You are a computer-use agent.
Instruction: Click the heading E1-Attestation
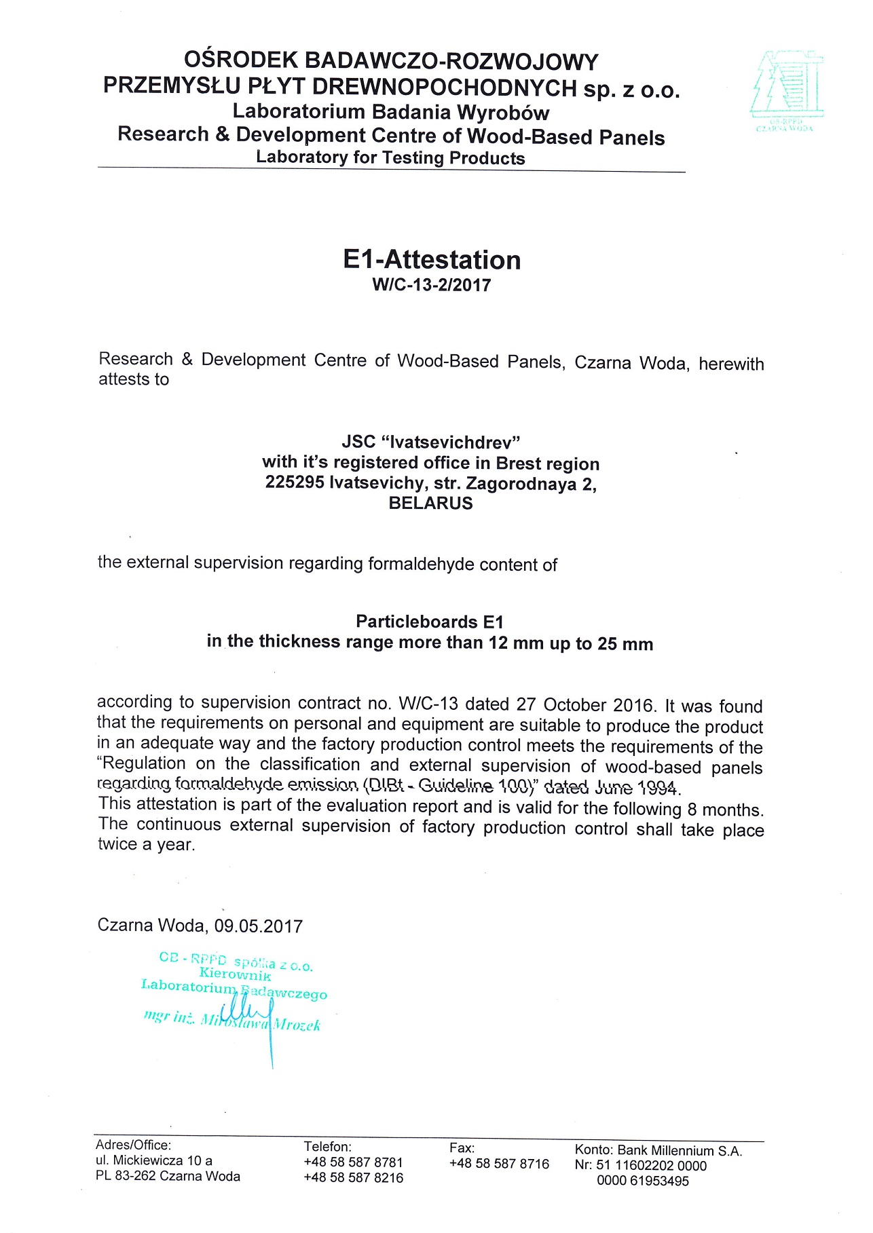click(x=432, y=260)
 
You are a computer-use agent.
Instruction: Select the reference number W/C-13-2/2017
click(x=432, y=285)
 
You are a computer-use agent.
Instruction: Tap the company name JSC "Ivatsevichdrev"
click(x=431, y=442)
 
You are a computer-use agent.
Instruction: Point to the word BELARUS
click(x=430, y=504)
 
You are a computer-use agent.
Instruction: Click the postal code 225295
click(x=295, y=483)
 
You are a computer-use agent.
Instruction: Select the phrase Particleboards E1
click(x=430, y=622)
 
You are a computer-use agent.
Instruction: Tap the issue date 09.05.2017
click(x=259, y=926)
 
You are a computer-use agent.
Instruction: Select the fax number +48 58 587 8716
click(x=499, y=1164)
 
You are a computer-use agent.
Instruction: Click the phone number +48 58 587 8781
click(x=353, y=1162)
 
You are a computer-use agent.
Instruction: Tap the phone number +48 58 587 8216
click(x=353, y=1178)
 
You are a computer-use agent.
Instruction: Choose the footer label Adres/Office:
click(x=133, y=1145)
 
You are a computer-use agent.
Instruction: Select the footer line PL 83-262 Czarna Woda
click(x=168, y=1176)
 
